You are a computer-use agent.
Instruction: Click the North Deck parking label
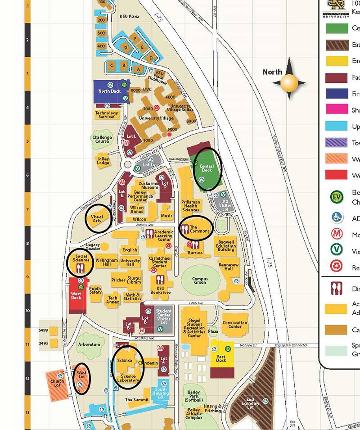(x=110, y=91)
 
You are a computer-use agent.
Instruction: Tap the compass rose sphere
(x=288, y=83)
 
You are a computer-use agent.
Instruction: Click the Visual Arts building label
(x=98, y=219)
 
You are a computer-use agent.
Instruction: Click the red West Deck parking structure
(x=76, y=295)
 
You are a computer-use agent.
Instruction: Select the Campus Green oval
(x=200, y=281)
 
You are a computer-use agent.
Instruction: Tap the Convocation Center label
(x=234, y=325)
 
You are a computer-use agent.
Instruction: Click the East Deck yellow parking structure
(x=221, y=356)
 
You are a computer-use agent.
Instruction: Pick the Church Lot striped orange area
(x=58, y=383)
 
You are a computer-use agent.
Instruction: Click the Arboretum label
(x=89, y=344)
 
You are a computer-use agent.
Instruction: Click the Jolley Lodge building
(x=103, y=160)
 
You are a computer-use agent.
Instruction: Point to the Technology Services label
(x=107, y=115)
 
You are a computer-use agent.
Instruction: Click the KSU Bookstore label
(x=161, y=290)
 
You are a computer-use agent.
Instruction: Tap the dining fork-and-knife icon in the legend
(x=335, y=288)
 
